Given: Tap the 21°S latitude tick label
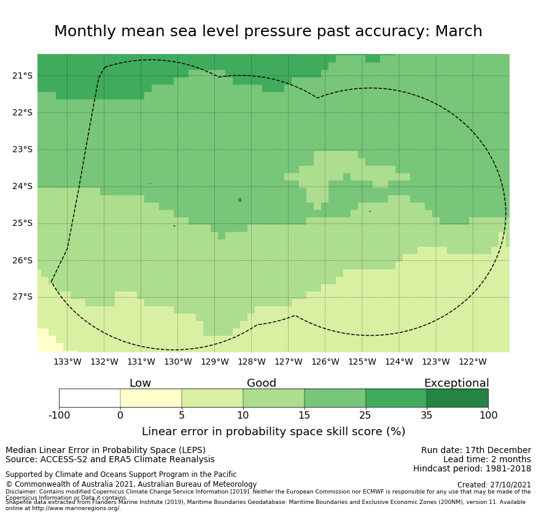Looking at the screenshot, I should pyautogui.click(x=22, y=76).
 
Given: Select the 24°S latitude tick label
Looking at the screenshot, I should pyautogui.click(x=22, y=186).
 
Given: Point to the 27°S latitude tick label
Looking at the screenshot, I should pyautogui.click(x=22, y=297).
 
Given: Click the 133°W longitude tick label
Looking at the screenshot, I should pyautogui.click(x=68, y=362).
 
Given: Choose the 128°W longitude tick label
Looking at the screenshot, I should pyautogui.click(x=252, y=362).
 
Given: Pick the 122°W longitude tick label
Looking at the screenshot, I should pyautogui.click(x=473, y=362).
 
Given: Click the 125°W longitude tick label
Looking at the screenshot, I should pyautogui.click(x=362, y=362).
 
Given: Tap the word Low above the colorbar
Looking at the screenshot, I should pyautogui.click(x=140, y=383).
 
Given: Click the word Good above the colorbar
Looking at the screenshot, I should pyautogui.click(x=262, y=383).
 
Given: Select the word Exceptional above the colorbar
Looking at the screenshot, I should pyautogui.click(x=456, y=383).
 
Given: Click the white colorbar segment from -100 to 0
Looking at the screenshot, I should pyautogui.click(x=90, y=398).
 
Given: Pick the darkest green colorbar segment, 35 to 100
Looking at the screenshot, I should pyautogui.click(x=457, y=398).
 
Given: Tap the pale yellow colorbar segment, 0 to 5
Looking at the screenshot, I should pyautogui.click(x=151, y=398).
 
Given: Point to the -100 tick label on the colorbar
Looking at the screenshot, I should pyautogui.click(x=59, y=416).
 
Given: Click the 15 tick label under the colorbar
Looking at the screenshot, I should pyautogui.click(x=305, y=416).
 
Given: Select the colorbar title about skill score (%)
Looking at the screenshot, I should pyautogui.click(x=273, y=432).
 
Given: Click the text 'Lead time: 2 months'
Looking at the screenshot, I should pyautogui.click(x=487, y=459).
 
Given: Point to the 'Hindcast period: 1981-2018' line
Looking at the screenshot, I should pyautogui.click(x=472, y=469).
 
